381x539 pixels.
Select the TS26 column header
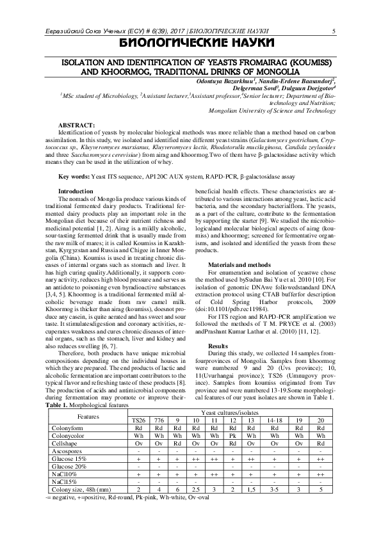[138, 419]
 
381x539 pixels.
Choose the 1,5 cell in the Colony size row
[252, 488]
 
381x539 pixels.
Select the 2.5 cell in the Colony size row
[196, 488]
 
